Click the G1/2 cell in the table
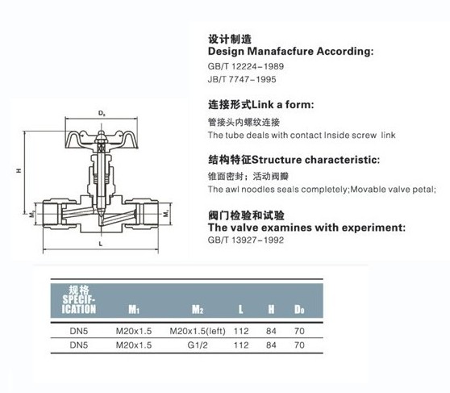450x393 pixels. click(x=198, y=345)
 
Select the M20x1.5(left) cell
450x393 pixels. click(x=198, y=331)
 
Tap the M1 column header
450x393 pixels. click(x=134, y=309)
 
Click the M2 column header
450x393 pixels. click(x=198, y=309)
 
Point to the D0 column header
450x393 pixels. click(x=299, y=309)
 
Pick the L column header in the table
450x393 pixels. click(x=241, y=309)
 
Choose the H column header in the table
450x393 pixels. click(x=271, y=309)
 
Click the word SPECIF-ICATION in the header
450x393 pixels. click(x=79, y=304)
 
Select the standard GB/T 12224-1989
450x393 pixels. click(x=246, y=66)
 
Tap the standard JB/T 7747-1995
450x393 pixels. click(x=242, y=79)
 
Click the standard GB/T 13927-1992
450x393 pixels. click(x=246, y=240)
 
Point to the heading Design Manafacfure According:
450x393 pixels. click(x=290, y=52)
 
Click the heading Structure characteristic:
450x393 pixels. click(x=315, y=160)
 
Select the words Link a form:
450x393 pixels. click(x=283, y=105)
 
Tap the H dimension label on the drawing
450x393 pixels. click(x=19, y=170)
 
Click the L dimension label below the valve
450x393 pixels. click(x=101, y=244)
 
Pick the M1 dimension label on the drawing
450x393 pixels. click(x=166, y=214)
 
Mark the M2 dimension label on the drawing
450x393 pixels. click(x=32, y=214)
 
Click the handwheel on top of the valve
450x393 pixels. click(x=102, y=140)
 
